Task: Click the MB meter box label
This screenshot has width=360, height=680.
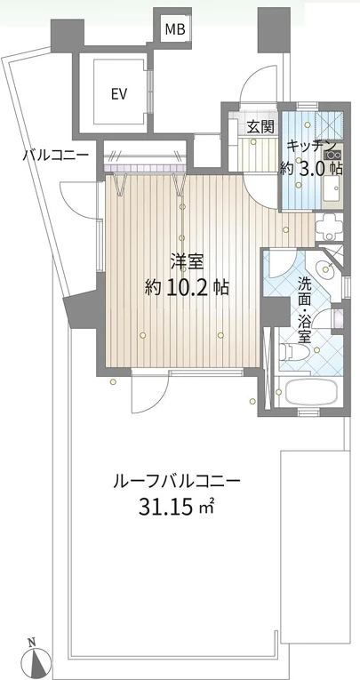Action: pos(175,29)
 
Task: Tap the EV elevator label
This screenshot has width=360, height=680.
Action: pos(118,93)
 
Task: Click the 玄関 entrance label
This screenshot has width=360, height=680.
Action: pos(260,126)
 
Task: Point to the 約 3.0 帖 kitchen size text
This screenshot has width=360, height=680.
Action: pos(311,168)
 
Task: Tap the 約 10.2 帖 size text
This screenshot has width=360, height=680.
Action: pos(187,286)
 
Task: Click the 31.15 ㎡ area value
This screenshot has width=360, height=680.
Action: pos(177,506)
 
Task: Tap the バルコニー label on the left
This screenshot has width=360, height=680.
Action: pos(56,154)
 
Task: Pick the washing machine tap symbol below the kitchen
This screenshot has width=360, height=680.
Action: pos(330,228)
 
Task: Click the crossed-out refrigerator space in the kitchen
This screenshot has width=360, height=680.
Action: pos(329,125)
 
